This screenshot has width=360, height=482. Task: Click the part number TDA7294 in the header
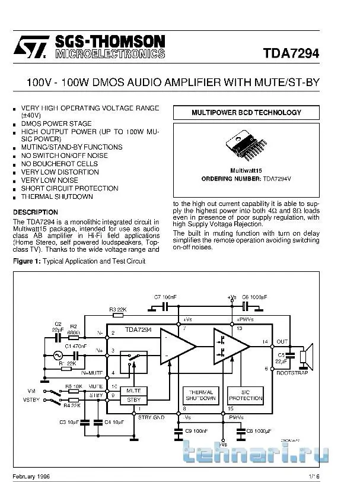(291, 53)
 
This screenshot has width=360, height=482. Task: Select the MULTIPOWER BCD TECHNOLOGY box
(246, 112)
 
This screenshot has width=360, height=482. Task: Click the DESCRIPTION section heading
(36, 212)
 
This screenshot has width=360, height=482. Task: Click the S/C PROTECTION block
(241, 395)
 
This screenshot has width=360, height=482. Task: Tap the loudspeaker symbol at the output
(304, 355)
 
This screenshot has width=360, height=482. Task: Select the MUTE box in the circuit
(133, 391)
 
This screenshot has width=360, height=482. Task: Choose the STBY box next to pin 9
(133, 400)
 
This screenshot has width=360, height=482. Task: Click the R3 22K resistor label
(117, 309)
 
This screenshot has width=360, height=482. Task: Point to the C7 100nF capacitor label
(165, 296)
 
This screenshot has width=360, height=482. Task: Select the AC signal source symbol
(59, 355)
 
